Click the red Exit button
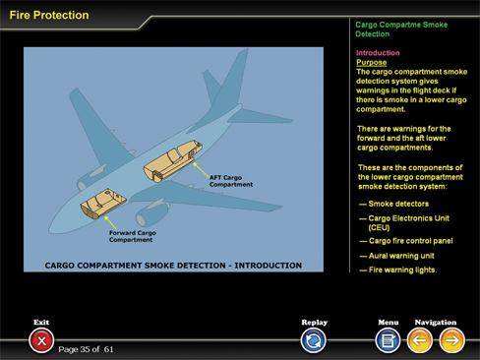pyautogui.click(x=41, y=340)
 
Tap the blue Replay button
pyautogui.click(x=313, y=340)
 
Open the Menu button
pyautogui.click(x=388, y=340)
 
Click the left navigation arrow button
pyautogui.click(x=419, y=340)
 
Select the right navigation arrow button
pyautogui.click(x=451, y=340)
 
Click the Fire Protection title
pyautogui.click(x=49, y=15)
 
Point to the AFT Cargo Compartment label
pyautogui.click(x=231, y=181)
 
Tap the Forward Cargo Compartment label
pyautogui.click(x=133, y=236)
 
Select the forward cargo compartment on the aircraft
pyautogui.click(x=102, y=204)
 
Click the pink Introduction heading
pyautogui.click(x=378, y=53)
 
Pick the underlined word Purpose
pyautogui.click(x=372, y=62)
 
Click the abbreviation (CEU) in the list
pyautogui.click(x=379, y=227)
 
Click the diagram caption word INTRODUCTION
pyautogui.click(x=268, y=266)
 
